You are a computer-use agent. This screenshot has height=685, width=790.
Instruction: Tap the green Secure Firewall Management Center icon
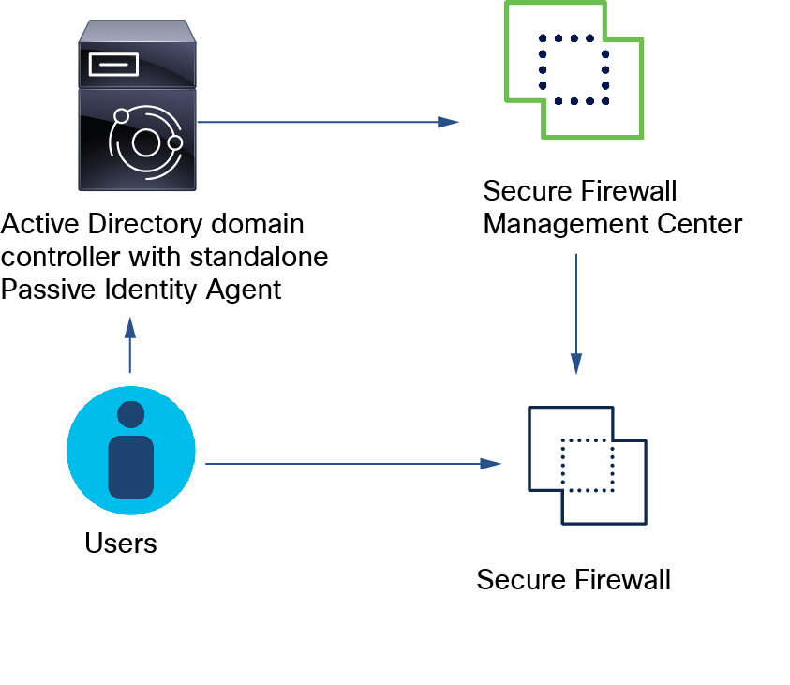click(x=574, y=70)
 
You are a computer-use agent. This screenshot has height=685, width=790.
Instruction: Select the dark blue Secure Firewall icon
click(x=587, y=464)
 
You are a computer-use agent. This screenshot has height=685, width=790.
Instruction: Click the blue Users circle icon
click(x=131, y=452)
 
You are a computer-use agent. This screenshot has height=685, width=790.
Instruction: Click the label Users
click(x=121, y=543)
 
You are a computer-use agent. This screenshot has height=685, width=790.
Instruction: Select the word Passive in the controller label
click(x=46, y=290)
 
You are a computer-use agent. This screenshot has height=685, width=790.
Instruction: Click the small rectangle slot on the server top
click(x=112, y=64)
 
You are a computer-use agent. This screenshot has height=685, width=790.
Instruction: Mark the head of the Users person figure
click(x=131, y=414)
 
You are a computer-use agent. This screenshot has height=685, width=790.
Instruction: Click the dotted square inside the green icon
click(x=574, y=69)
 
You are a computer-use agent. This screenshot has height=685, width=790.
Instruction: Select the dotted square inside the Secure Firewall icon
click(x=587, y=465)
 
